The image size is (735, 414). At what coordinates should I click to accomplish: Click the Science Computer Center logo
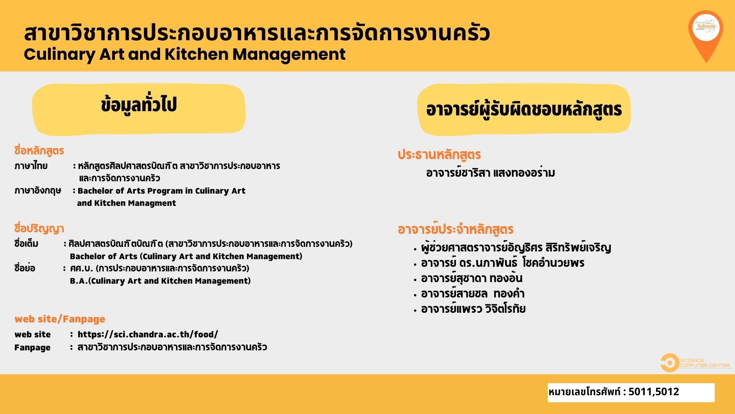pyautogui.click(x=695, y=363)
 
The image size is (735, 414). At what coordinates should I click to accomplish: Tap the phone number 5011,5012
pyautogui.click(x=654, y=392)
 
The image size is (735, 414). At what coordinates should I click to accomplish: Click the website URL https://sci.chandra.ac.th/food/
pyautogui.click(x=148, y=334)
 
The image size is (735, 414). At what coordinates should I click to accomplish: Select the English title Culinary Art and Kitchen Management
pyautogui.click(x=185, y=54)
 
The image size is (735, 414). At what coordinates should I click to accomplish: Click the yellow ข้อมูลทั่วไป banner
pyautogui.click(x=139, y=110)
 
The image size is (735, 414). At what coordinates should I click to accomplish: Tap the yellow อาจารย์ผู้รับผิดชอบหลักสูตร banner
pyautogui.click(x=524, y=110)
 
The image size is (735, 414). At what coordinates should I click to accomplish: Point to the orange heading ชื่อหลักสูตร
pyautogui.click(x=39, y=151)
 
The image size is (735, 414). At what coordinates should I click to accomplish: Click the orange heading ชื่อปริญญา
pyautogui.click(x=39, y=228)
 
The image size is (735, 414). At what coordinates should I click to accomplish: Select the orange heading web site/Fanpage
pyautogui.click(x=60, y=319)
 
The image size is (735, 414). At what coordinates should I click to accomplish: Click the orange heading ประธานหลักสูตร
pyautogui.click(x=439, y=154)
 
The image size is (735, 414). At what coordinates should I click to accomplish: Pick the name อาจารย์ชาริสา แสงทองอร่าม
pyautogui.click(x=490, y=173)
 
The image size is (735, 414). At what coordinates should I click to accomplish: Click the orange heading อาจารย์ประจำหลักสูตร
pyautogui.click(x=456, y=229)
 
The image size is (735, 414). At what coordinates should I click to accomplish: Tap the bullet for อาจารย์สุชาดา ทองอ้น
pyautogui.click(x=415, y=280)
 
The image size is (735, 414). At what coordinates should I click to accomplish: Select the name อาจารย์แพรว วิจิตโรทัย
pyautogui.click(x=473, y=309)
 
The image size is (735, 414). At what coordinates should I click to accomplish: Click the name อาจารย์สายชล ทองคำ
pyautogui.click(x=473, y=294)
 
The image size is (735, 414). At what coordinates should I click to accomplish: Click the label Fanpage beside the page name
pyautogui.click(x=33, y=348)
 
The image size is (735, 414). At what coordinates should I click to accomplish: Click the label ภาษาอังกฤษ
pyautogui.click(x=38, y=191)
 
